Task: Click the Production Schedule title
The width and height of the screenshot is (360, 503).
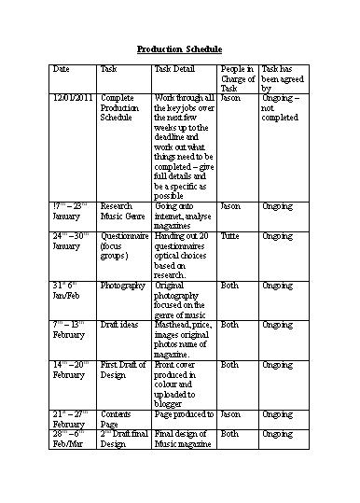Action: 179,49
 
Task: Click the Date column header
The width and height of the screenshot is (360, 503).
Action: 62,70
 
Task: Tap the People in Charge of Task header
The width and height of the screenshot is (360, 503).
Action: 237,77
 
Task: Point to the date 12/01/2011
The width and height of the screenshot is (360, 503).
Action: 72,97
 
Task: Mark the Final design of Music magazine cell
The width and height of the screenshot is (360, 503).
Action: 184,440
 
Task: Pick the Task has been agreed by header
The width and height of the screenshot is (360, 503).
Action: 281,77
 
